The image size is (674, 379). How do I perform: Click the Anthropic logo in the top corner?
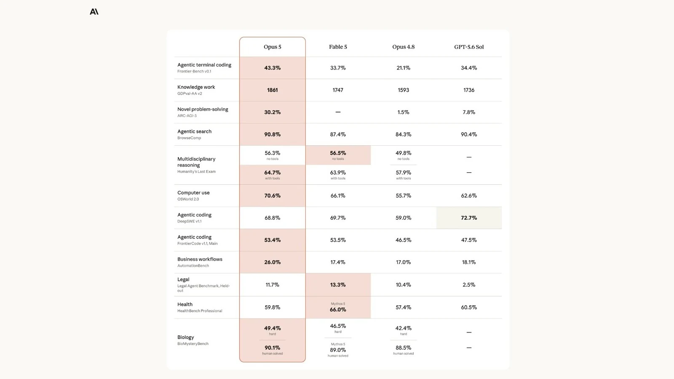coord(94,11)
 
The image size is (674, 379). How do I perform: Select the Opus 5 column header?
coord(272,47)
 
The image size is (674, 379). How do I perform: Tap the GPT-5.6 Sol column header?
coord(469,47)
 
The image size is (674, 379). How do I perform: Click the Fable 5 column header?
coord(338,47)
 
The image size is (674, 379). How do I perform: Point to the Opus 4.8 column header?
coord(403,47)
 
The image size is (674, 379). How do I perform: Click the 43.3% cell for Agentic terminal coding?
coord(272,68)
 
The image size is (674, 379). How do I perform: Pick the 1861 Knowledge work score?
coord(272,90)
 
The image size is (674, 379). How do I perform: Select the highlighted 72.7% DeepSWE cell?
coord(469,218)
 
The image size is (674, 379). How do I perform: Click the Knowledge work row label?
coord(196,87)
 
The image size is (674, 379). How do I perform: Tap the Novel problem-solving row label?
coord(203,109)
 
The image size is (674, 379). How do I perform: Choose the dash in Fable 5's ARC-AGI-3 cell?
coord(338,112)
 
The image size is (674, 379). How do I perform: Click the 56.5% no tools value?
coord(338,153)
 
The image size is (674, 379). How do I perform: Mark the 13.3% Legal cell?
coord(338,285)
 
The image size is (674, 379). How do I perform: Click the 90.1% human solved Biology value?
coord(272,348)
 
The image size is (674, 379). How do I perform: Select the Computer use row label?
coord(193,192)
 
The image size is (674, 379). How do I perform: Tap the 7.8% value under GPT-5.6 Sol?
coord(469,112)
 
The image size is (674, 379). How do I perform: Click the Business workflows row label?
coord(200,259)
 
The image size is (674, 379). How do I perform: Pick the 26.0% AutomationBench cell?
coord(272,262)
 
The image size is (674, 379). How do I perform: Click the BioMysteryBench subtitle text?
coord(193,344)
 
